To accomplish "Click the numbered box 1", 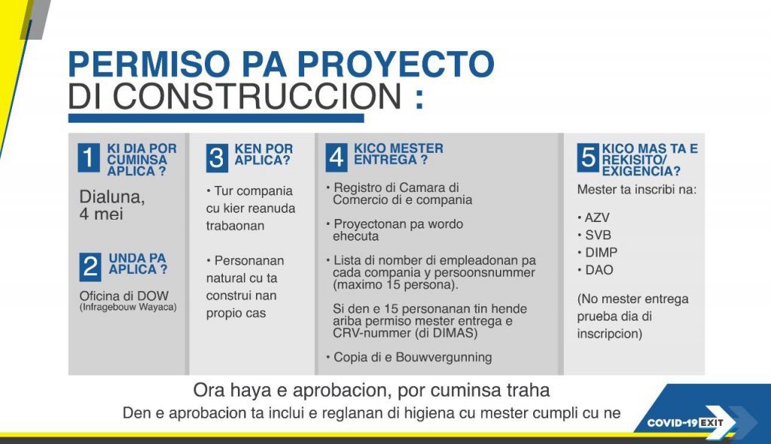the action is pos(89,158).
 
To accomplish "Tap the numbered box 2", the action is pos(90,267).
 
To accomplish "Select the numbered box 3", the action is pos(217,158).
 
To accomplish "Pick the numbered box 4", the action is pos(337,158).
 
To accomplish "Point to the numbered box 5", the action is pos(588,158).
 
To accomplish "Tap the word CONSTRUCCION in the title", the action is pos(258,96).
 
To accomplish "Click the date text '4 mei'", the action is pos(102,214).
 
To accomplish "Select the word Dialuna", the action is pos(112,197).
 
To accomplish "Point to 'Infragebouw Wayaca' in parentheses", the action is pos(128,307).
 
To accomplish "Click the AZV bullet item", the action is pos(594,217).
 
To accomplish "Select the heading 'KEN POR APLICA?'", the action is pos(263,154).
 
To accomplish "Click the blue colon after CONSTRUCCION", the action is pos(419,98).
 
